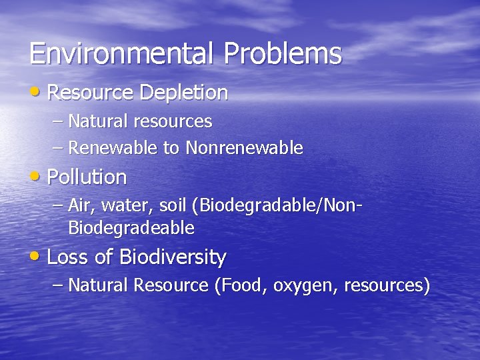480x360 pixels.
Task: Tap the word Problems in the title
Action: coord(283,53)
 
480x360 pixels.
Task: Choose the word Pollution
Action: coord(87,177)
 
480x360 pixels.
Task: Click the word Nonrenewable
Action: coord(245,147)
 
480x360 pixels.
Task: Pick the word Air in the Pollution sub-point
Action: coord(79,205)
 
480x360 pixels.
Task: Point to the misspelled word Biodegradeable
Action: coord(131,229)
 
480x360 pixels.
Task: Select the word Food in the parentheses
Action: coord(239,285)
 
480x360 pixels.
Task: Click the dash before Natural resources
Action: coord(58,122)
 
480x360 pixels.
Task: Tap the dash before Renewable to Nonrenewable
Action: coord(58,148)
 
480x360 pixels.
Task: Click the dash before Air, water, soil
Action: coord(58,206)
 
